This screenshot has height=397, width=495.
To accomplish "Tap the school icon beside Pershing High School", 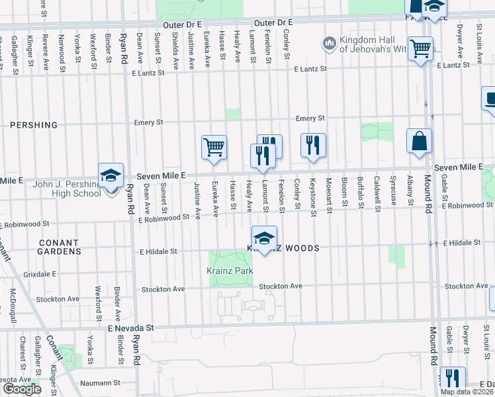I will (x=111, y=175).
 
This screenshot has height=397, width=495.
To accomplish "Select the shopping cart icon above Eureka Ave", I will (x=214, y=147).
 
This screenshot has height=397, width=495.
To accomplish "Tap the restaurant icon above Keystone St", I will (x=313, y=145).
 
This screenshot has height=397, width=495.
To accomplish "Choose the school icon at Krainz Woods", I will (x=264, y=238).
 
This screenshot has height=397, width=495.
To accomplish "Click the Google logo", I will (x=21, y=389).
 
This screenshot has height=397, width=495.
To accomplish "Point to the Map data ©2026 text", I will (x=467, y=392).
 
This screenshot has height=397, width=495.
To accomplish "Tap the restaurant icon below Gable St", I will (x=452, y=378).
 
